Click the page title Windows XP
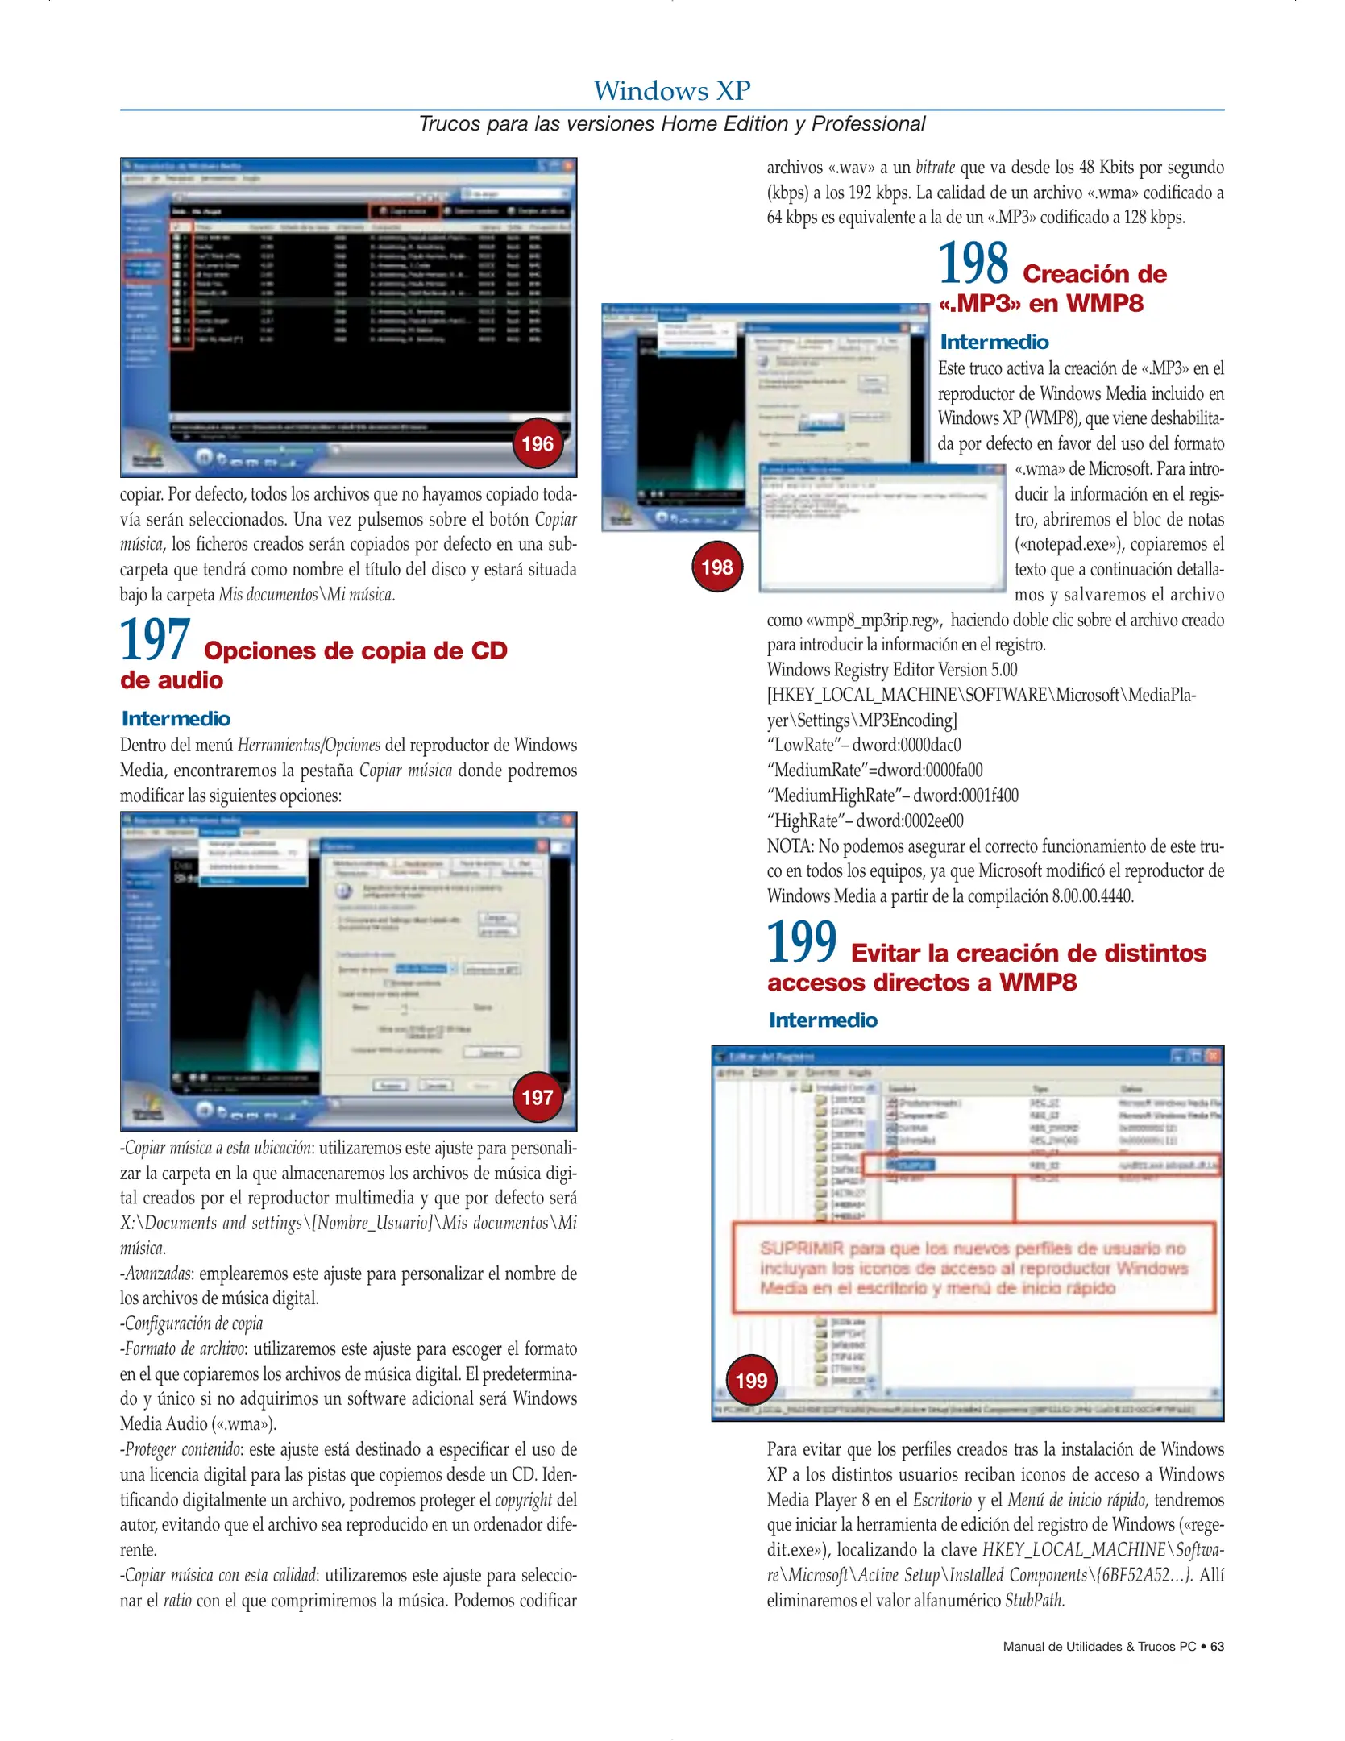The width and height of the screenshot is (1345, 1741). (671, 90)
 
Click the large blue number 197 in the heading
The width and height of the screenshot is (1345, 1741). (155, 640)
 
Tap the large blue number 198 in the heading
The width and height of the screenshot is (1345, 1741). (973, 264)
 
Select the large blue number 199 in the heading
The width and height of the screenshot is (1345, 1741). (801, 942)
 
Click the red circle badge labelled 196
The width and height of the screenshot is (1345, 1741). (538, 444)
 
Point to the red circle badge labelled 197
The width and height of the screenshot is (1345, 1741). (538, 1097)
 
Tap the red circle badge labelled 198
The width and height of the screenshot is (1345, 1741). (716, 567)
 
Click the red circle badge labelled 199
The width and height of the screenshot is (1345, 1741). (751, 1381)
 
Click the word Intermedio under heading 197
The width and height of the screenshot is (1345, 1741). (176, 718)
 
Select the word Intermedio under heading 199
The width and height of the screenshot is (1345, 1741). (823, 1020)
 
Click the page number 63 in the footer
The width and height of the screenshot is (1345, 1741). (1217, 1647)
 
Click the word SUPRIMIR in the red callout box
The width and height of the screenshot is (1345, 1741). (801, 1249)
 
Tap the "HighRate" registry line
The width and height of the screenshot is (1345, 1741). (865, 821)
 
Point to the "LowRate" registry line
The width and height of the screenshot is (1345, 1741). (863, 745)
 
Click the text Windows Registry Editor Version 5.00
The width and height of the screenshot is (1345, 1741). (891, 670)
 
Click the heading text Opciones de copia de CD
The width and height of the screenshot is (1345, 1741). (355, 650)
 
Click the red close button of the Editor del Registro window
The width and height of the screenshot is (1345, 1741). (1214, 1056)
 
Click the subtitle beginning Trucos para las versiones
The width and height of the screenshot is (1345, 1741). (671, 124)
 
